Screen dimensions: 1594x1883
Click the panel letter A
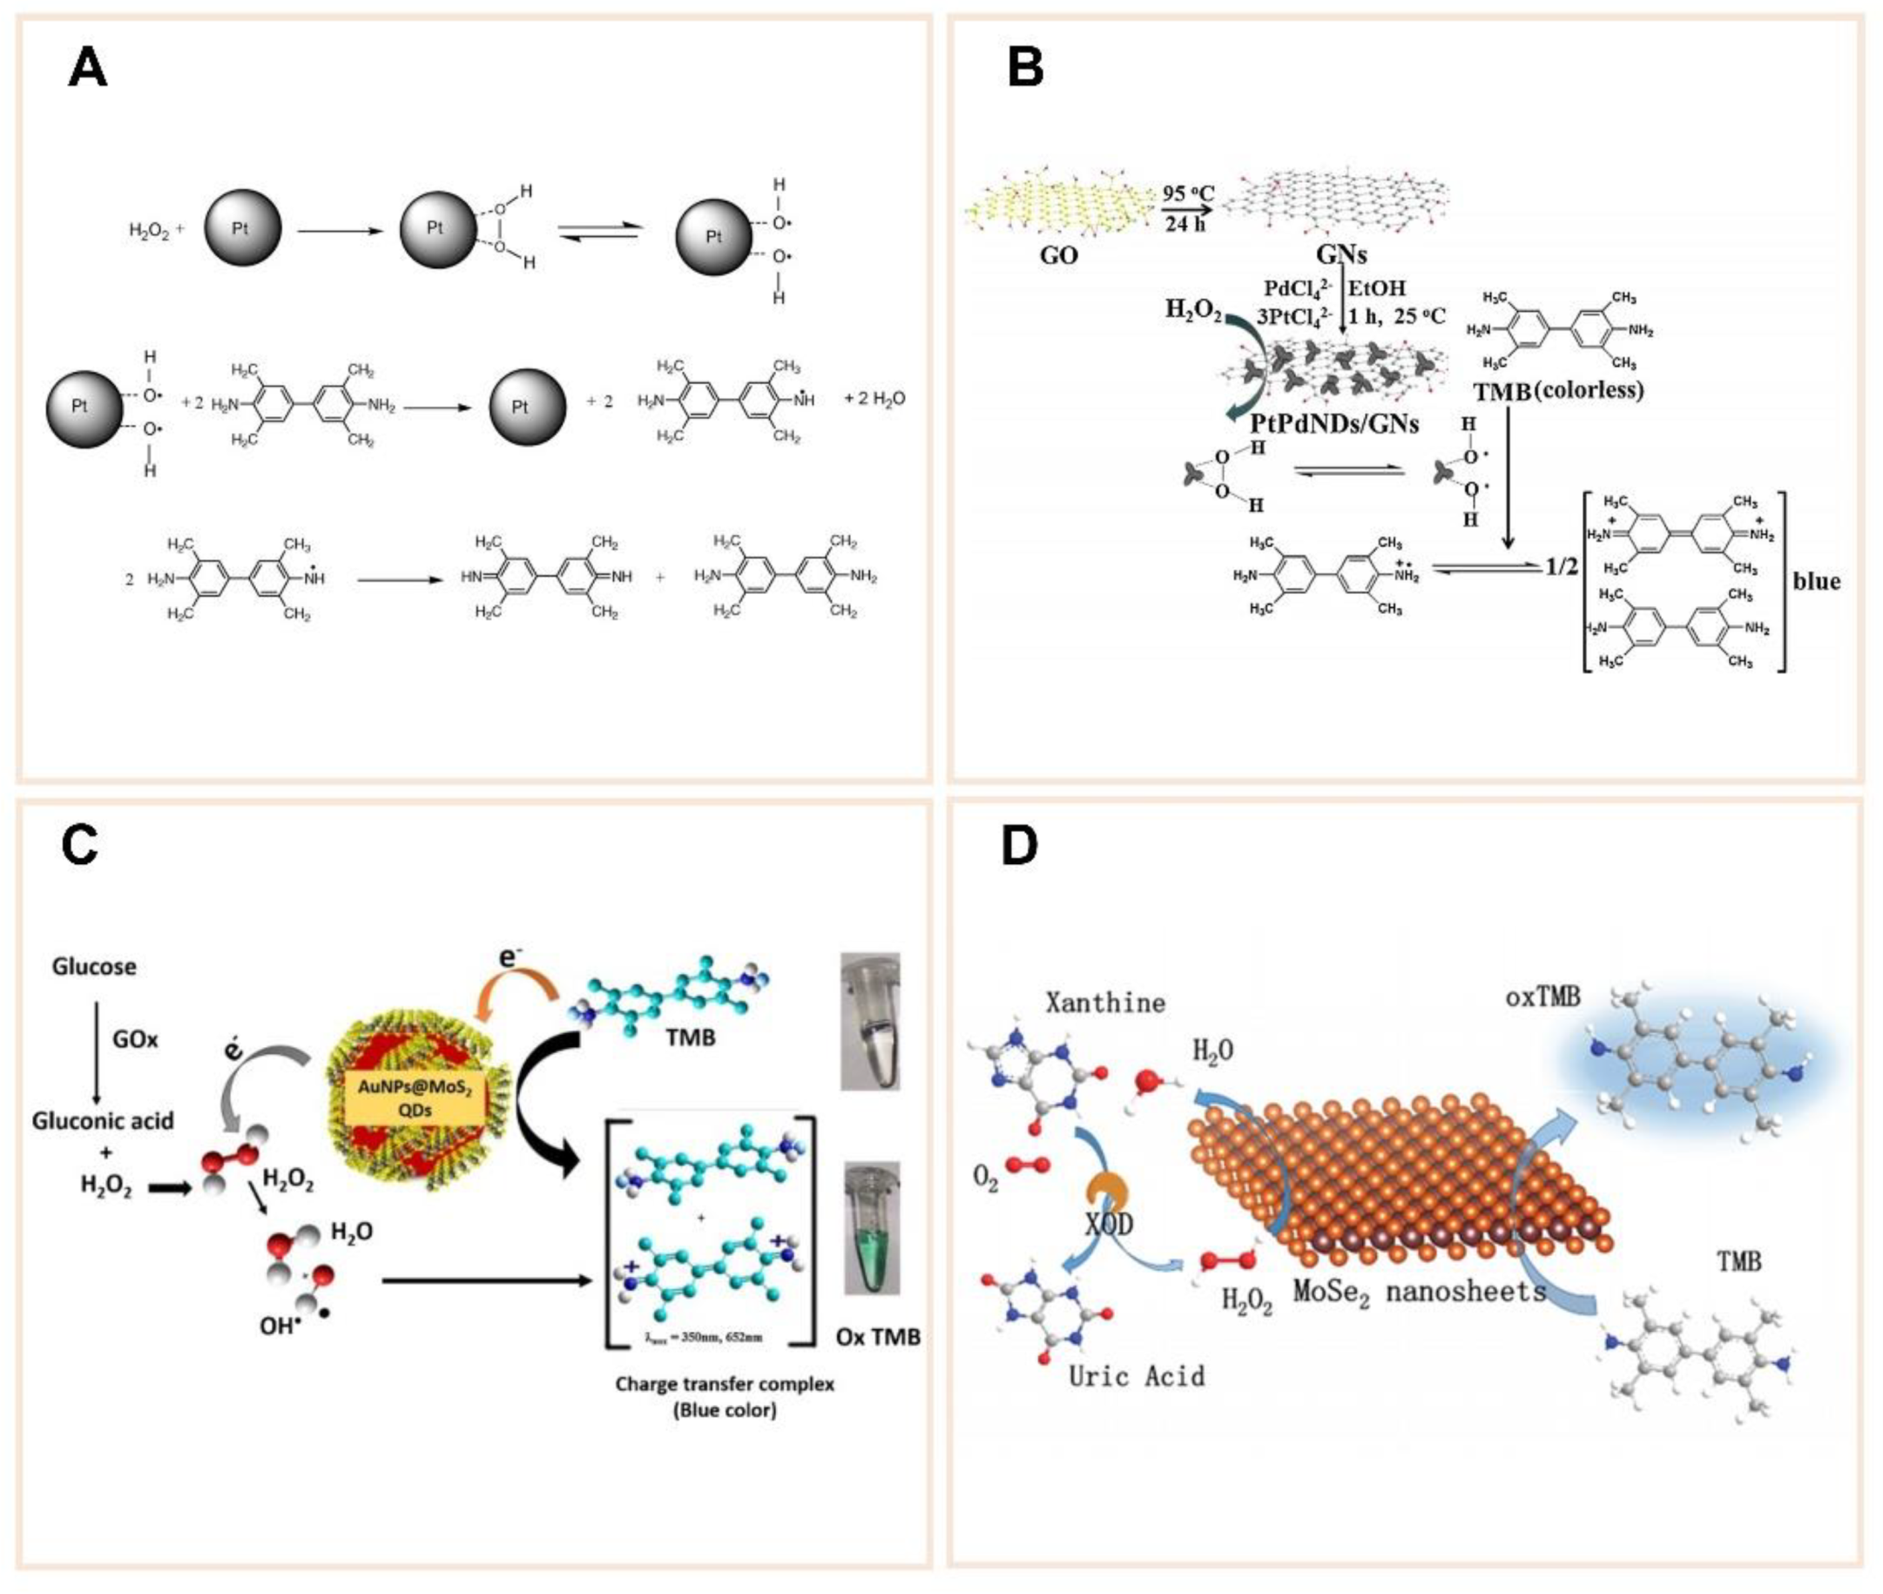88,68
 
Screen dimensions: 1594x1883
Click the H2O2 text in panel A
150,231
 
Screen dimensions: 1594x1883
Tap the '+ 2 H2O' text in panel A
874,399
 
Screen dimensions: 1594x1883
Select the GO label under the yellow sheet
1058,256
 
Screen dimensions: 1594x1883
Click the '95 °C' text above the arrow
1187,193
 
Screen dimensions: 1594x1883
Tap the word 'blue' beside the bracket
1816,580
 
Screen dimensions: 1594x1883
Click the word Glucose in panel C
94,967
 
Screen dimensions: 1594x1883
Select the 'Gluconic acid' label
103,1121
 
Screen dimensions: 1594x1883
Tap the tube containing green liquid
871,1229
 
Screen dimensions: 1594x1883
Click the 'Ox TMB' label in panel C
877,1336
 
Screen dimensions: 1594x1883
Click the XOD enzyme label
1109,1225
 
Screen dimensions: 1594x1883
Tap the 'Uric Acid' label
1136,1376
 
